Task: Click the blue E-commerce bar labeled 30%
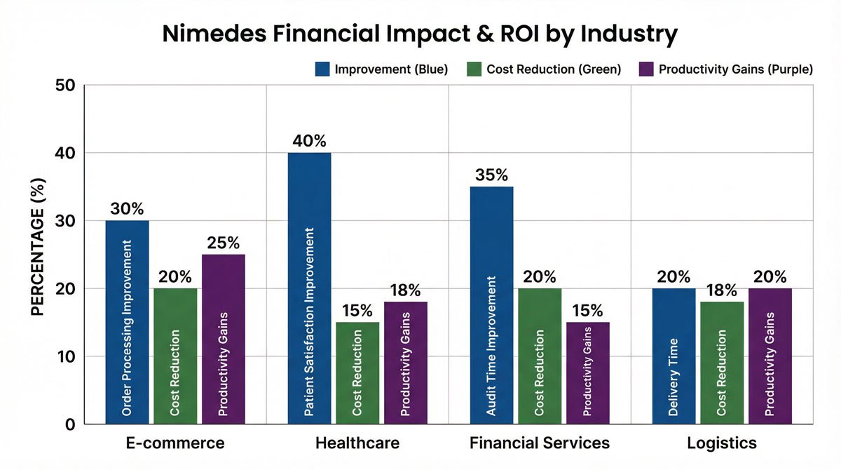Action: pos(127,323)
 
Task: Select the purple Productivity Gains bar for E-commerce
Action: pos(224,340)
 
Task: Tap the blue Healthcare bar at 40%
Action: pos(309,288)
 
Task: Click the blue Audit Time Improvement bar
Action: pos(491,305)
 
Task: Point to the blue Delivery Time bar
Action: pos(674,356)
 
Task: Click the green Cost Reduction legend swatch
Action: pos(474,69)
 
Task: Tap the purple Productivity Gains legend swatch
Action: pos(647,69)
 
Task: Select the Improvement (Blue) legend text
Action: pos(391,69)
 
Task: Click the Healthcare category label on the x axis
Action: pos(357,443)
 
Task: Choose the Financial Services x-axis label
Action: pos(540,443)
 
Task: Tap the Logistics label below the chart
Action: pos(722,443)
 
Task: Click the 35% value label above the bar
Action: pos(491,175)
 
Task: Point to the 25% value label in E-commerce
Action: pos(224,243)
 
